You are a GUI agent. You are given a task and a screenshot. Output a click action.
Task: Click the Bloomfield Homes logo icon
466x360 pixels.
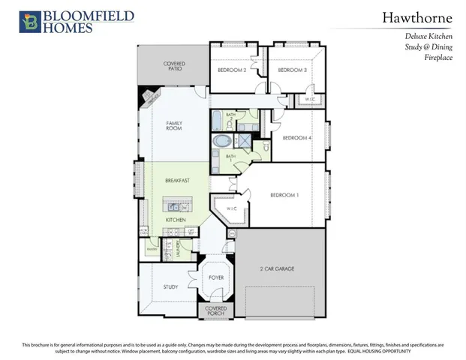[x=30, y=21]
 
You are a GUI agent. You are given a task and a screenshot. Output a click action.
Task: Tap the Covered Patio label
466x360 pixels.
[x=174, y=67]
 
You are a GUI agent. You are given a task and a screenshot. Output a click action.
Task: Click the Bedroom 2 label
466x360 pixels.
[x=232, y=70]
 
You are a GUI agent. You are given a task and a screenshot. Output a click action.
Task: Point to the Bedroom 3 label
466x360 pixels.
[x=293, y=70]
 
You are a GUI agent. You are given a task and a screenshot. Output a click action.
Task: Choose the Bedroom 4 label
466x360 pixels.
[x=296, y=138]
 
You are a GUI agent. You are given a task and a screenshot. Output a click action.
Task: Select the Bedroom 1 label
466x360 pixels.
[x=284, y=195]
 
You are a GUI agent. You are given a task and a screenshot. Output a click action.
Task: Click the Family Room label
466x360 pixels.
[x=174, y=125]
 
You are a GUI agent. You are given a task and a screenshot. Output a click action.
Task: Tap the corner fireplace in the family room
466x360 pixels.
[x=149, y=96]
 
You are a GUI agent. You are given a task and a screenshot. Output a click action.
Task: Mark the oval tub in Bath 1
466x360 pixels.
[x=223, y=140]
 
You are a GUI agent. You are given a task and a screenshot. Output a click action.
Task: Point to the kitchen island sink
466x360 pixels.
[x=174, y=205]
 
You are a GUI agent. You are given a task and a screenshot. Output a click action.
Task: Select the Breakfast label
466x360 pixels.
[x=177, y=181]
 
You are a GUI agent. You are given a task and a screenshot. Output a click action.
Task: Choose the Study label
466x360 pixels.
[x=171, y=286]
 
